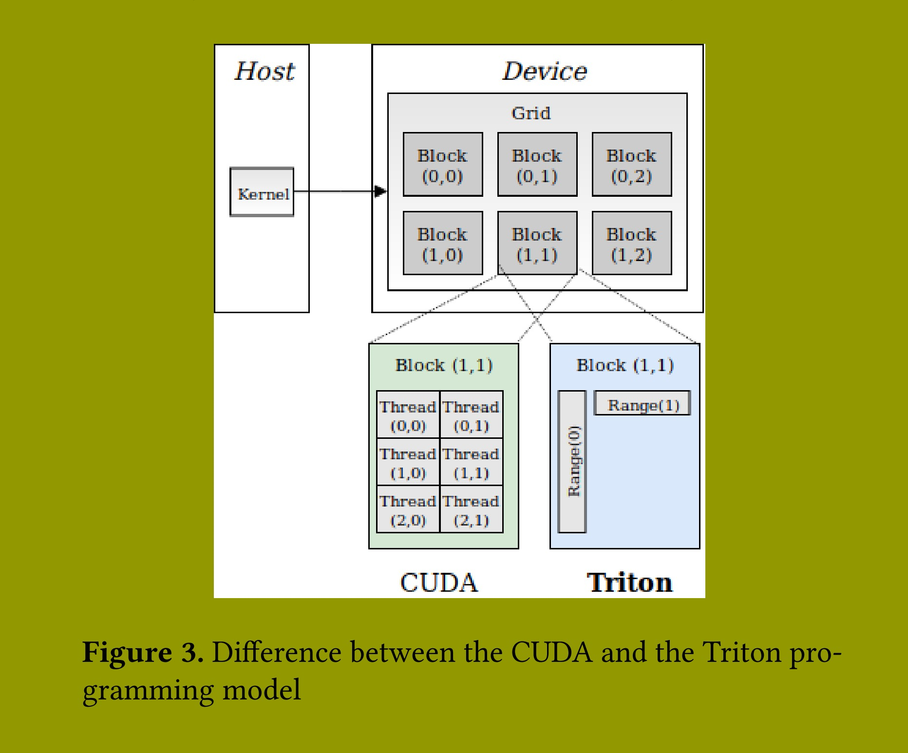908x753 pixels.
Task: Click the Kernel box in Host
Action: tap(262, 192)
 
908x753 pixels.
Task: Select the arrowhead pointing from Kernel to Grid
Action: tap(380, 191)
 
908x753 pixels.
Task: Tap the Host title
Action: tap(265, 71)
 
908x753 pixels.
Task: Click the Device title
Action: tap(544, 71)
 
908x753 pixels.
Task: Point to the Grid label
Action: tap(531, 113)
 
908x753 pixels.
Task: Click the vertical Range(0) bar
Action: tap(572, 461)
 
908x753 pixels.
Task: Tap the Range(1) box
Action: tap(643, 404)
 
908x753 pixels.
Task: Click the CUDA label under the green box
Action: tap(439, 583)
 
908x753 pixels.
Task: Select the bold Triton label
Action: tap(629, 583)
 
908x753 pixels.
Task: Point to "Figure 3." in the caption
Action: tap(143, 653)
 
